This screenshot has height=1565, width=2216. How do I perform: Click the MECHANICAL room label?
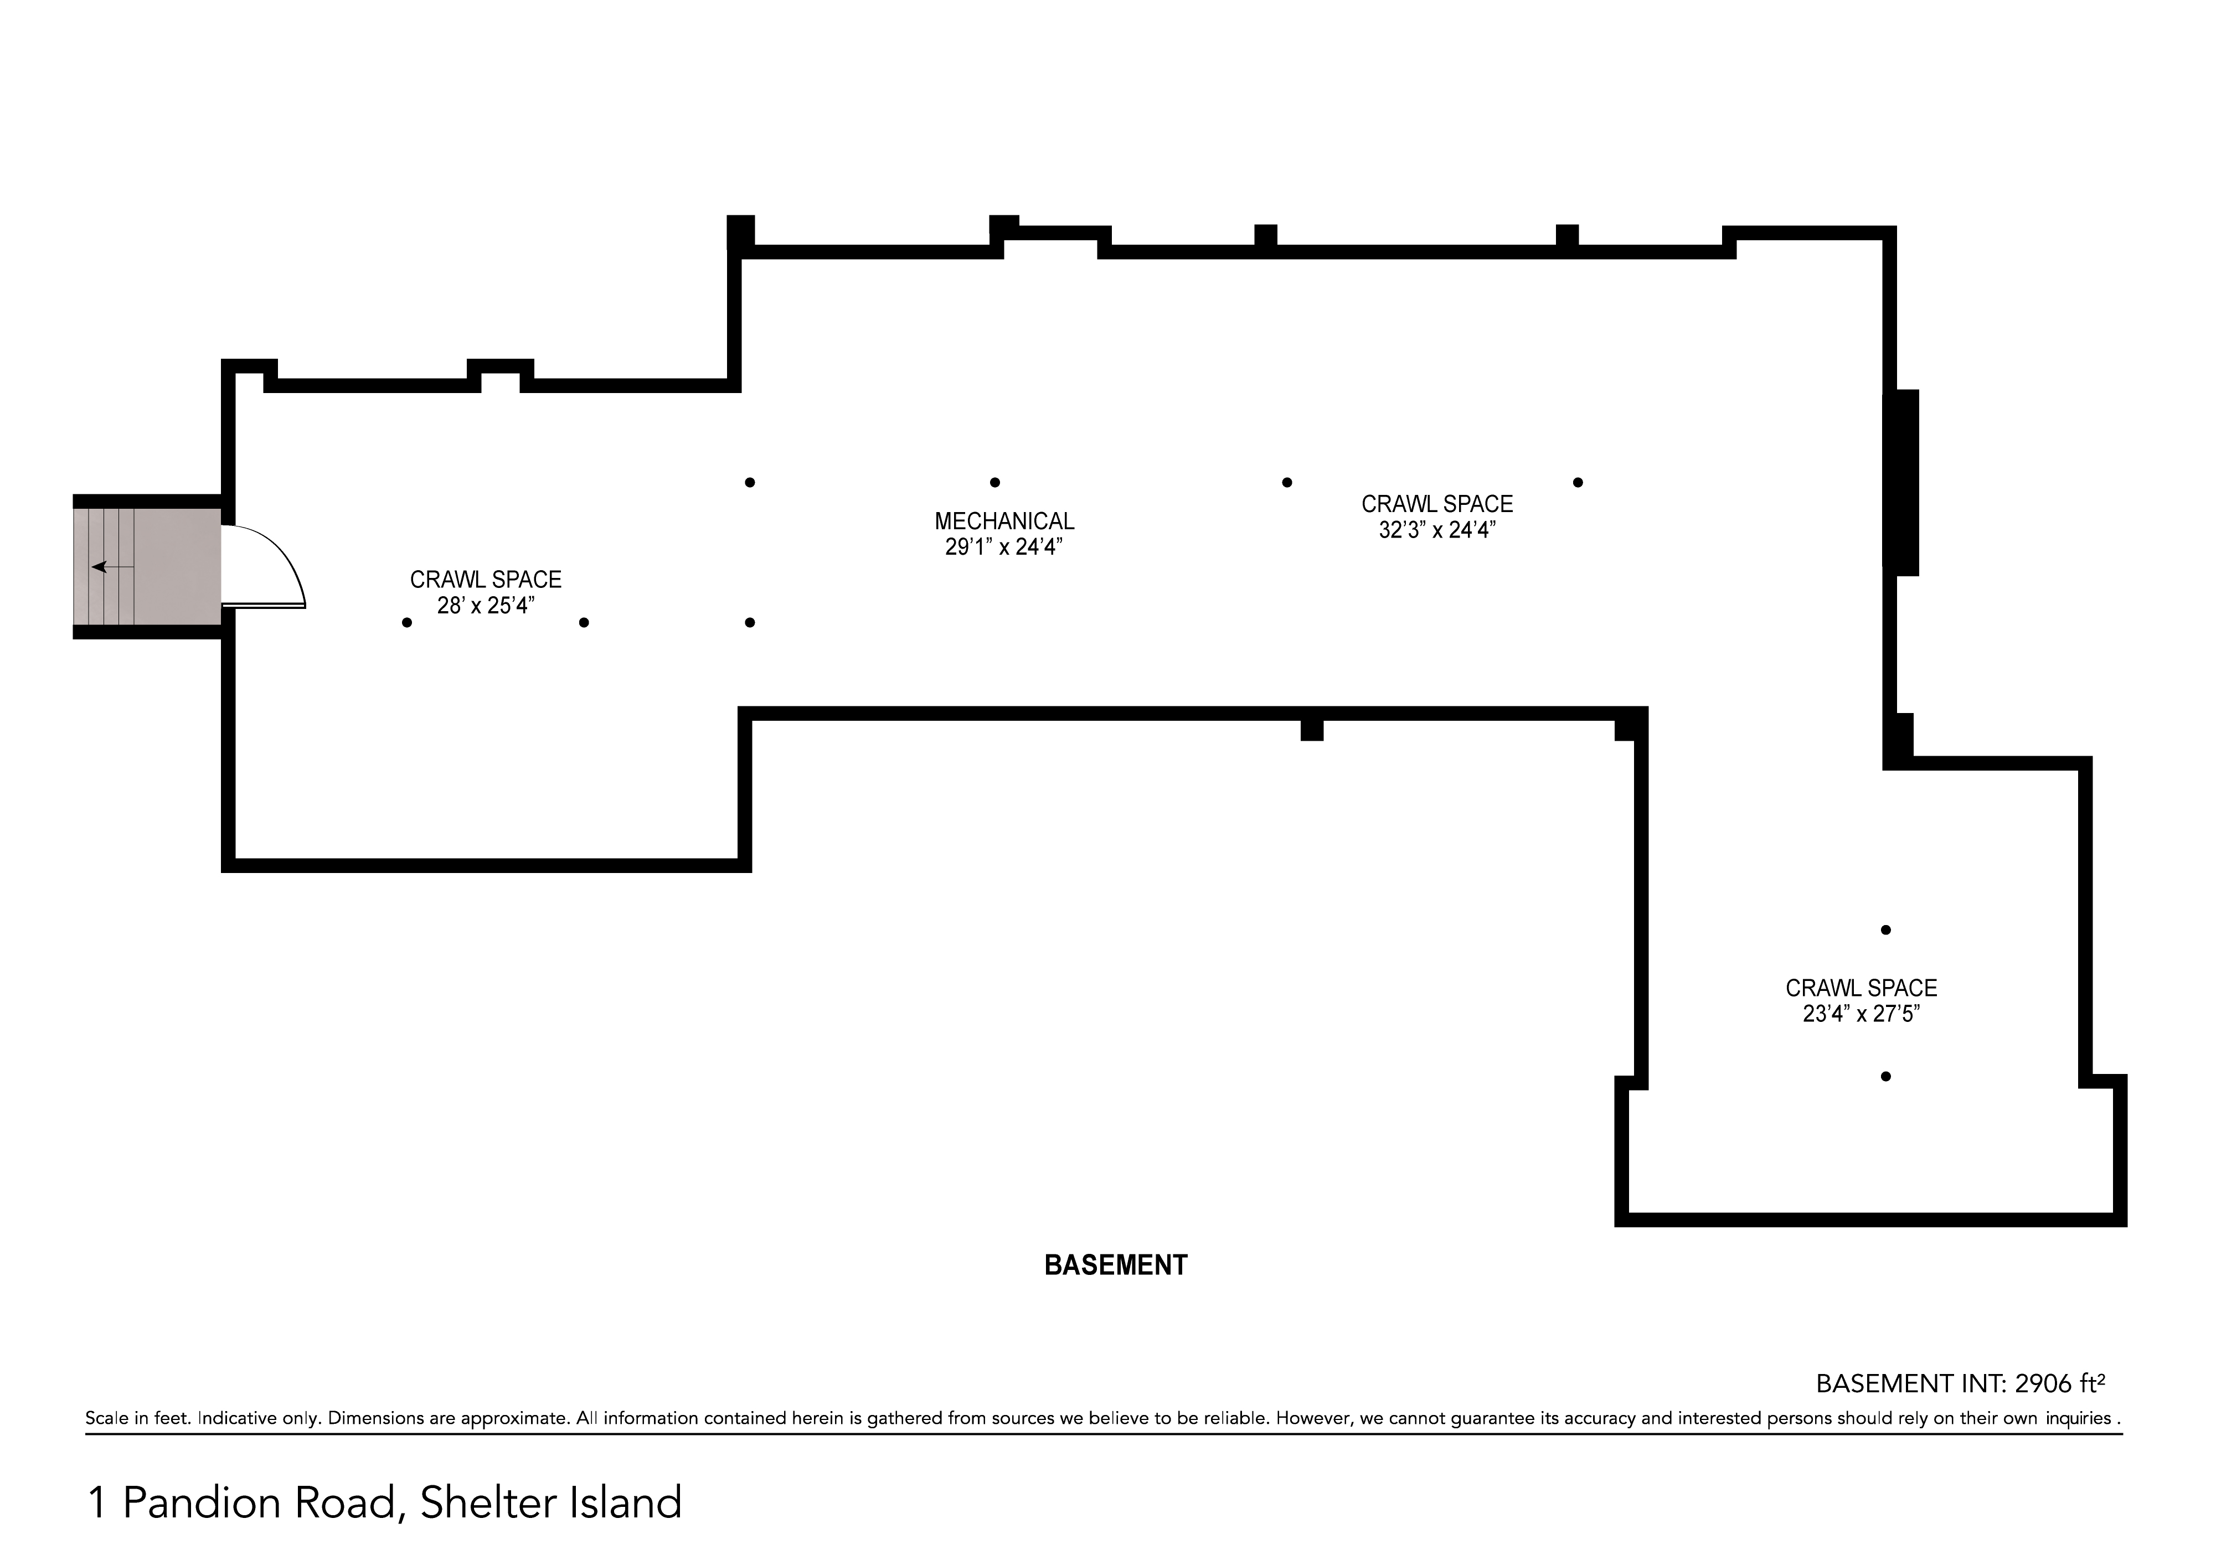click(x=1004, y=521)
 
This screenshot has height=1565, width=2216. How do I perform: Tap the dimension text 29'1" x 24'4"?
click(x=1004, y=547)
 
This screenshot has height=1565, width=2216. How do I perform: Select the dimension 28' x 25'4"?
click(x=486, y=606)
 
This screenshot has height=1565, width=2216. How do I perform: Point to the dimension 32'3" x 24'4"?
click(x=1437, y=530)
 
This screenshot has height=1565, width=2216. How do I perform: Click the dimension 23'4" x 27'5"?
click(x=1861, y=1014)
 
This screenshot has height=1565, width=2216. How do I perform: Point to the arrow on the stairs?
click(x=112, y=566)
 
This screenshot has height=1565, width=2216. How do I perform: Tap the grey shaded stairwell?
click(x=148, y=566)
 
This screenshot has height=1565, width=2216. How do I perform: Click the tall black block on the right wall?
click(x=1901, y=482)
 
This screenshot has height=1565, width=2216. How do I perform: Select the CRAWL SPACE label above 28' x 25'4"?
click(x=486, y=580)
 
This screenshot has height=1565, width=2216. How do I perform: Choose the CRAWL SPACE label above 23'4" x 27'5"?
click(x=1861, y=988)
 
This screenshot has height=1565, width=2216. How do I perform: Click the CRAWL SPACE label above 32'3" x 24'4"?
click(x=1437, y=504)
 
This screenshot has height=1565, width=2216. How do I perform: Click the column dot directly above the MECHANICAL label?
click(x=995, y=482)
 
